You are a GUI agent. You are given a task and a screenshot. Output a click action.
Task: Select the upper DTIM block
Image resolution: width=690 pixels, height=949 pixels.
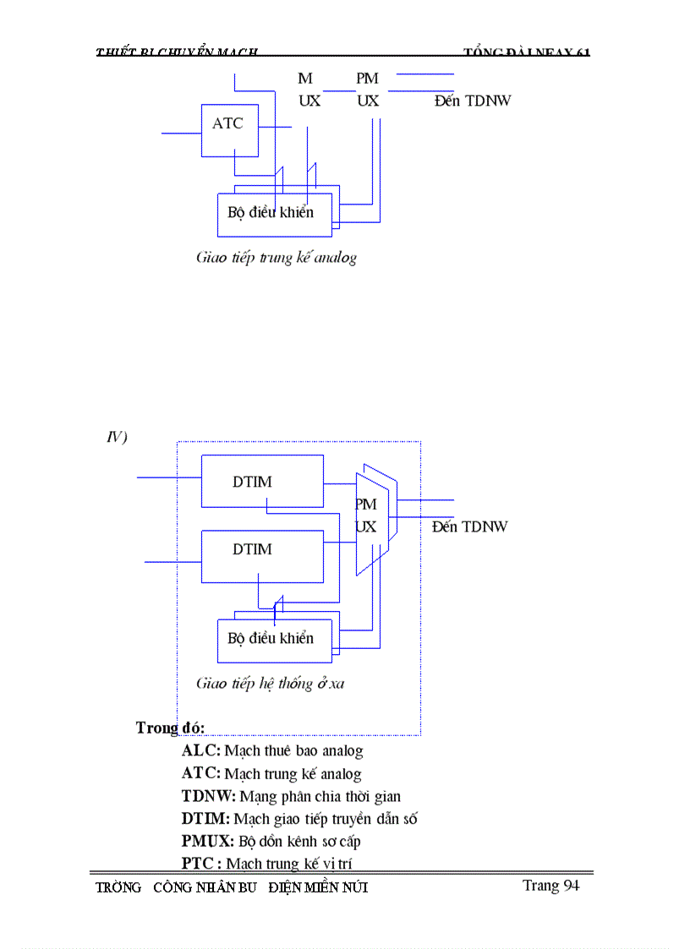tap(262, 481)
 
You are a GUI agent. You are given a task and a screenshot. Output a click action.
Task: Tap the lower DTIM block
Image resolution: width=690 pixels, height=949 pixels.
tap(262, 556)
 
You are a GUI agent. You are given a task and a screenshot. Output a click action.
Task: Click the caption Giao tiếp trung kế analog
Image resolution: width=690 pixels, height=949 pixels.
tap(277, 258)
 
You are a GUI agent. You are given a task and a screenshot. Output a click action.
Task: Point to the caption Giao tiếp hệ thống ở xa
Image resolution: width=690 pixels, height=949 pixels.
tap(271, 683)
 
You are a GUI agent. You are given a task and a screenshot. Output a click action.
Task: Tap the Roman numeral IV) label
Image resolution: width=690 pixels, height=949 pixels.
tap(116, 437)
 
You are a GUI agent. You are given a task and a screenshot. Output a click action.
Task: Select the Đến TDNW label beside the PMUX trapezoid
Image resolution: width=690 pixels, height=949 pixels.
tap(469, 526)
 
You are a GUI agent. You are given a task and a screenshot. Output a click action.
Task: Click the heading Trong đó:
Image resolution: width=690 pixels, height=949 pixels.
tap(170, 728)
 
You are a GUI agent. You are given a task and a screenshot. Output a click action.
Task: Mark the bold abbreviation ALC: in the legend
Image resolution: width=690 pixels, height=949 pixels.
tap(201, 750)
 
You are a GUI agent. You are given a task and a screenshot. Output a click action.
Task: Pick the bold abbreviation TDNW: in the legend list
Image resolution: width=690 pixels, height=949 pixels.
tap(209, 796)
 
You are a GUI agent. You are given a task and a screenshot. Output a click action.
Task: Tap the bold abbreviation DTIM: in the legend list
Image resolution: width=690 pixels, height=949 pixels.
tap(205, 819)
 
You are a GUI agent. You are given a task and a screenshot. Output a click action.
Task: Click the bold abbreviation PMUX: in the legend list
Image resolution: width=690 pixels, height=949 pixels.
tap(208, 842)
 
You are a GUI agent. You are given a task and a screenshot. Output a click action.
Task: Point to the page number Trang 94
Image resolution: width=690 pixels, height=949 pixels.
tap(550, 885)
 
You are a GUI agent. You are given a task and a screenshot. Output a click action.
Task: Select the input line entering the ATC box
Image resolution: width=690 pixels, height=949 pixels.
tap(181, 134)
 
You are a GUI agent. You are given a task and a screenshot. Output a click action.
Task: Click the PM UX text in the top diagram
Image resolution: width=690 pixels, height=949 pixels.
tap(368, 90)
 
